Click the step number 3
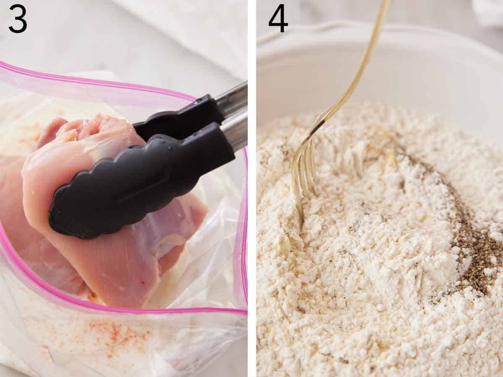click(x=18, y=19)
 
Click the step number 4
click(x=278, y=19)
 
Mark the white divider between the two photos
click(x=251, y=188)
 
